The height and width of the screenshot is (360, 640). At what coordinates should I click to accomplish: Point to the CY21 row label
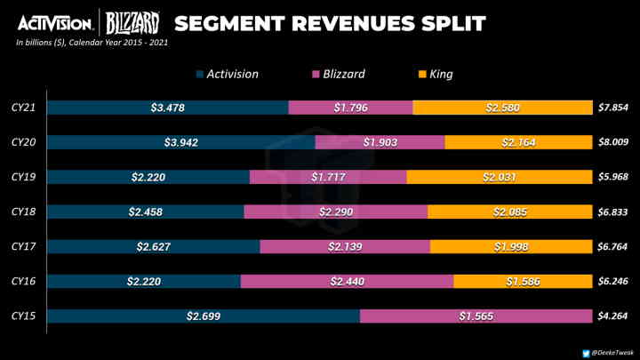click(x=23, y=108)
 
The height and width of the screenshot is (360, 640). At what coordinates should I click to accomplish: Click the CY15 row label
click(x=23, y=316)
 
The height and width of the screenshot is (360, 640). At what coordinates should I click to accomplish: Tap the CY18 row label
click(x=23, y=212)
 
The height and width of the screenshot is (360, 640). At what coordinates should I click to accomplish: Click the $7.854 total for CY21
click(x=613, y=108)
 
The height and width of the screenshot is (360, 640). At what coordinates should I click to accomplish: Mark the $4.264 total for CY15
click(x=613, y=316)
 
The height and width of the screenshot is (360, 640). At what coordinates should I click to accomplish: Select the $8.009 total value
click(x=613, y=142)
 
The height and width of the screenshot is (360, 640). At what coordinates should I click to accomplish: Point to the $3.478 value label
click(x=168, y=108)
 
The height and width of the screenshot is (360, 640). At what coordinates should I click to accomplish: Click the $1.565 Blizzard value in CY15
click(x=476, y=316)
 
